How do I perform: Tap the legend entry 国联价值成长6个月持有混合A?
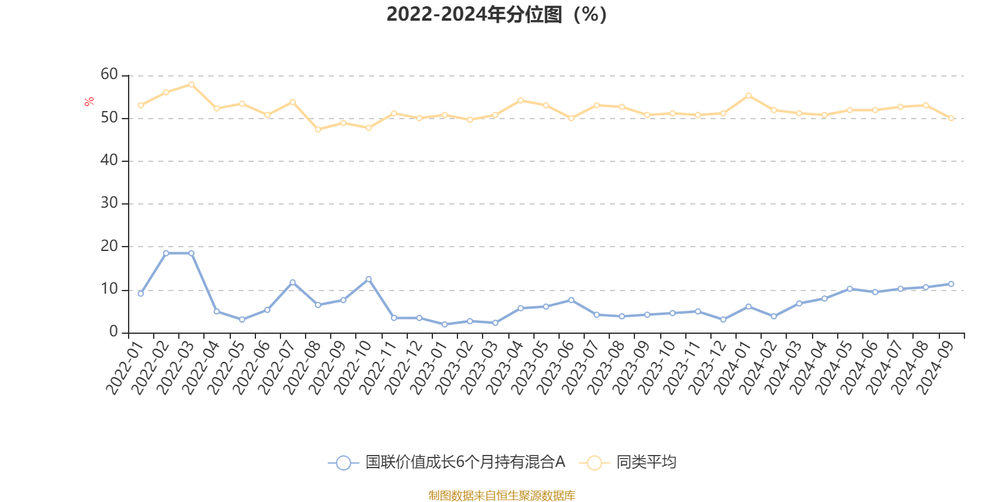(x=447, y=463)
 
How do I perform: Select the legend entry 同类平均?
(x=628, y=463)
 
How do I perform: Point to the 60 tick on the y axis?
(x=109, y=75)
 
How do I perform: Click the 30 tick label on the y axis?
(x=109, y=203)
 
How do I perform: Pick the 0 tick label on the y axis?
(x=114, y=332)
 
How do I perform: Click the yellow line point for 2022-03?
(x=191, y=84)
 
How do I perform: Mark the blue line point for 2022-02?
(x=166, y=254)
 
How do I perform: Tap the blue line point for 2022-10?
(x=368, y=279)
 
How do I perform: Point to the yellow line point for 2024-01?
(x=749, y=95)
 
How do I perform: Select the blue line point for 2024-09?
(x=951, y=284)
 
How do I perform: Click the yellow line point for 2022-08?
(x=318, y=129)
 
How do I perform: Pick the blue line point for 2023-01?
(x=445, y=324)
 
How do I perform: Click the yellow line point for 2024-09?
(x=951, y=118)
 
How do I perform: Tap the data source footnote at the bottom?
(x=501, y=496)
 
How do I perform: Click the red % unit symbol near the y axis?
(x=89, y=102)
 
